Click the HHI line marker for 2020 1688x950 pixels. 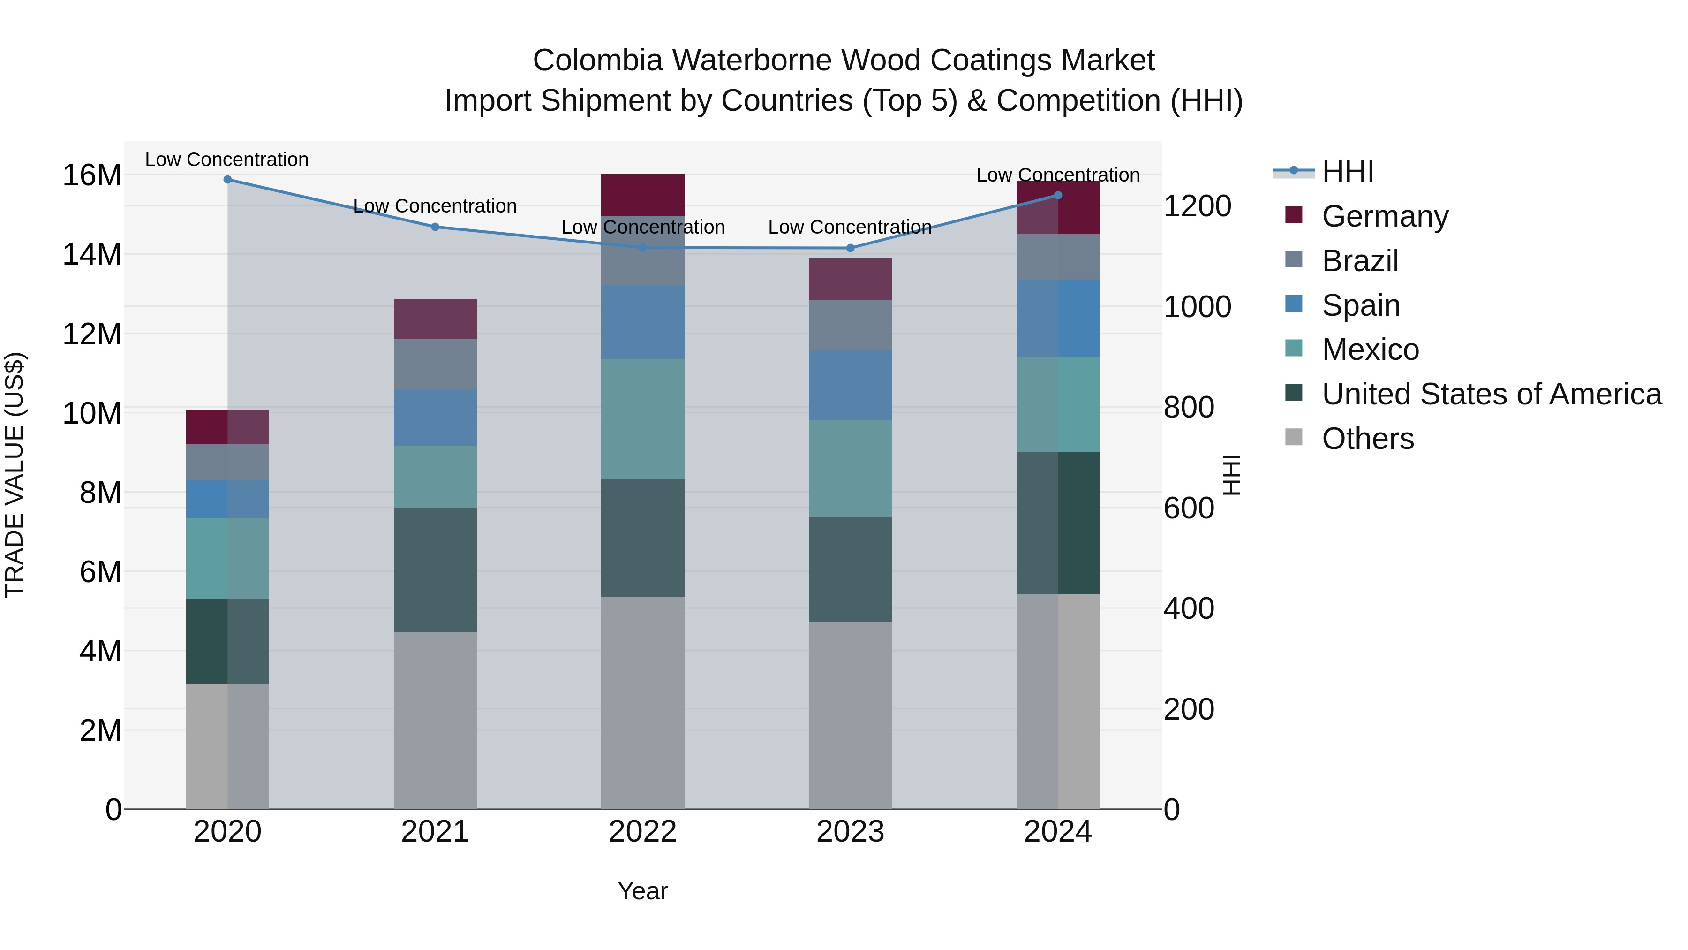pyautogui.click(x=227, y=179)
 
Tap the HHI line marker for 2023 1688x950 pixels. pyautogui.click(x=850, y=248)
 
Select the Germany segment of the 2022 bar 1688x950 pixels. pyautogui.click(x=642, y=195)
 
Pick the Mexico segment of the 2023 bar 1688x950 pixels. pyautogui.click(x=850, y=468)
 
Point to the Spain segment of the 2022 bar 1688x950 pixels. pyautogui.click(x=642, y=322)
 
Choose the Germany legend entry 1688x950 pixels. pyautogui.click(x=1385, y=216)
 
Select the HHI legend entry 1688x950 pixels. pyautogui.click(x=1347, y=172)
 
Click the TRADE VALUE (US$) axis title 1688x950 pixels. pyautogui.click(x=15, y=475)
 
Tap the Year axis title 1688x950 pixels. pyautogui.click(x=642, y=891)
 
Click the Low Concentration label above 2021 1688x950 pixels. pyautogui.click(x=435, y=206)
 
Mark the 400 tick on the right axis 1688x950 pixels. pyautogui.click(x=1188, y=608)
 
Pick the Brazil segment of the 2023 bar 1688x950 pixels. pyautogui.click(x=850, y=325)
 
